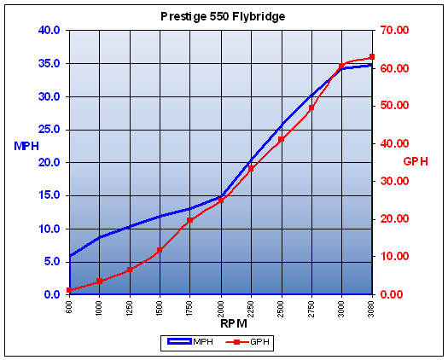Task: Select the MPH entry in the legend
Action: [191, 341]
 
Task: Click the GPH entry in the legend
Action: [249, 341]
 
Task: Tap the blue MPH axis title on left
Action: [26, 146]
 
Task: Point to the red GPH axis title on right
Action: [416, 161]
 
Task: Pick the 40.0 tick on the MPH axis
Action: [47, 31]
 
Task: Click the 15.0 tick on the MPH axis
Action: [47, 195]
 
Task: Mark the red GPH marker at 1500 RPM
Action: [160, 250]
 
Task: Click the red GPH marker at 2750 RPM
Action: [311, 107]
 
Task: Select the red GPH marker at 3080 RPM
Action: [372, 56]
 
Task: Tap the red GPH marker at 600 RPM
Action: [69, 290]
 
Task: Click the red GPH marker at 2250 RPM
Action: [251, 169]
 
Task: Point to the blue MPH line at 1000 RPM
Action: [99, 237]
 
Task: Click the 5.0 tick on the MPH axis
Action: [49, 262]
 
